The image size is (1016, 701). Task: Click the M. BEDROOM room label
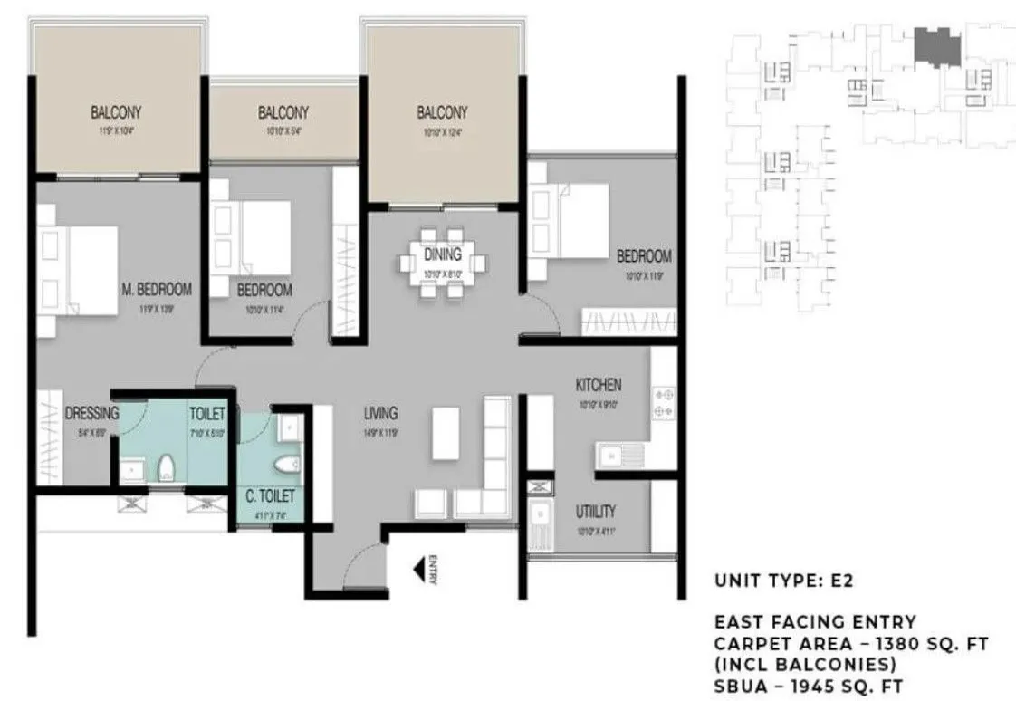click(157, 290)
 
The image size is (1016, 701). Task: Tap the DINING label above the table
click(442, 254)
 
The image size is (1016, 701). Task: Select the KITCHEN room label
click(599, 385)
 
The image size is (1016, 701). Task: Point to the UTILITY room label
click(596, 512)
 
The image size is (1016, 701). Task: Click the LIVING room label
click(380, 414)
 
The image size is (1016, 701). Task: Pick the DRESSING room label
click(91, 414)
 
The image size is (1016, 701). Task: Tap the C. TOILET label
click(269, 496)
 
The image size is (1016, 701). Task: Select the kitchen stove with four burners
click(663, 403)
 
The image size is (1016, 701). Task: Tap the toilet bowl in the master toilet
click(166, 469)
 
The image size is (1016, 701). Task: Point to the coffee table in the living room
click(446, 434)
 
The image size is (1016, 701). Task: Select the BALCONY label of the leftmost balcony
click(116, 113)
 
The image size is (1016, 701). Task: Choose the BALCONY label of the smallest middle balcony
click(283, 113)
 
